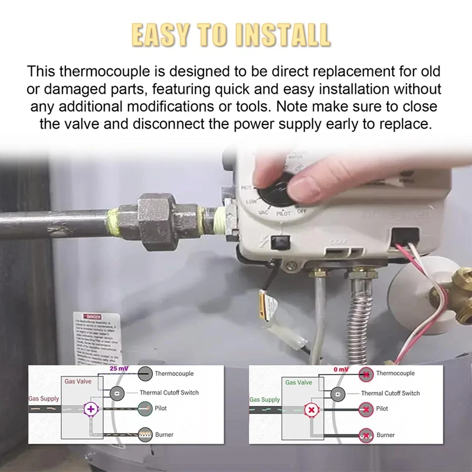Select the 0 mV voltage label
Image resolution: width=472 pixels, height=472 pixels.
[342, 369]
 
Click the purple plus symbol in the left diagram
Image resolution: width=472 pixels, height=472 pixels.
[90, 409]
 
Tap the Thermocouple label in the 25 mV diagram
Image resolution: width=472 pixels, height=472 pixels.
[174, 373]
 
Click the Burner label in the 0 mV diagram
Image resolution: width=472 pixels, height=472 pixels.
[385, 435]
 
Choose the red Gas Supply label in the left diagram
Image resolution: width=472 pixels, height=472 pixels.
[44, 399]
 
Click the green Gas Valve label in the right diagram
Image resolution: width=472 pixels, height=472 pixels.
[299, 382]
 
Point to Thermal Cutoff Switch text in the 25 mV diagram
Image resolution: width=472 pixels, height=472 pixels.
[169, 392]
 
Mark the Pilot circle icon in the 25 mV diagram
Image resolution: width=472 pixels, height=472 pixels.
[145, 408]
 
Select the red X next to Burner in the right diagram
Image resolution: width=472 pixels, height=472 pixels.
[366, 435]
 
